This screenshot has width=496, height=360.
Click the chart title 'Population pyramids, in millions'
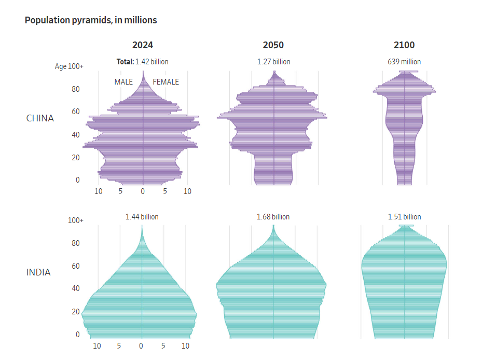coord(91,20)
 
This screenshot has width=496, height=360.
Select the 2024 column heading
coord(143,45)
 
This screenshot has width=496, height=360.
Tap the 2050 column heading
coord(273,45)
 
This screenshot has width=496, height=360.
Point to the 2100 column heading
coord(404,45)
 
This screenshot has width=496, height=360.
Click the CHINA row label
coord(40,118)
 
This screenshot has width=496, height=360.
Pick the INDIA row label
coord(38,272)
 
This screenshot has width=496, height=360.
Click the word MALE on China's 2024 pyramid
coord(123,82)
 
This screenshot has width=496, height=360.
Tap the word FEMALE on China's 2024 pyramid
coord(166,82)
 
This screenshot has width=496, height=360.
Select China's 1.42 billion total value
coord(151,62)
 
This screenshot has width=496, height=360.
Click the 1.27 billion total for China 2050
coord(273,62)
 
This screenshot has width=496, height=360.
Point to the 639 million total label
coord(404,62)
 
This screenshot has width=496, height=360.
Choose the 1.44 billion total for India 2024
coord(142,217)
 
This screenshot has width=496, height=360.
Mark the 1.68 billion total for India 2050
coord(273,217)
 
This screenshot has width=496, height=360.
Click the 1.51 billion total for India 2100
coord(404,217)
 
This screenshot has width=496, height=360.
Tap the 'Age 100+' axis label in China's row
coord(70,66)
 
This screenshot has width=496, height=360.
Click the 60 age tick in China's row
coord(76,112)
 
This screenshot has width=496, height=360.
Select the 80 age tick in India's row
coord(75,243)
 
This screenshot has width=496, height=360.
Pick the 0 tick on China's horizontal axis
coord(143,191)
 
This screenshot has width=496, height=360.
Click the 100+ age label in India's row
coord(75,220)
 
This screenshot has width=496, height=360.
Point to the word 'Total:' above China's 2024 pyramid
coord(125,62)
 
